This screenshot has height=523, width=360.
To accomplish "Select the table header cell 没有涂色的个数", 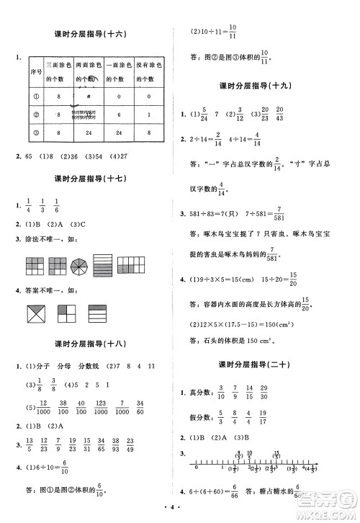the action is coord(148,75).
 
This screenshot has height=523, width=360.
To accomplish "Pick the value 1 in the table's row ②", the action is coord(148,114).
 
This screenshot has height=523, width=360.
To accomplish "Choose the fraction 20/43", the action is coord(279,113).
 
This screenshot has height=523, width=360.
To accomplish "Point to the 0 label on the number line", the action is coord(195,468).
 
